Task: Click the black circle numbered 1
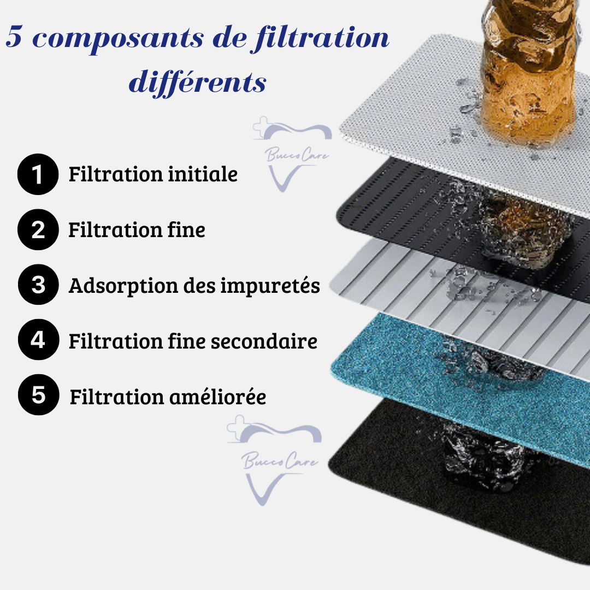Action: coord(38,174)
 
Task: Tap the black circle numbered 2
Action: coord(38,229)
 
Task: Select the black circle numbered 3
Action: coord(38,285)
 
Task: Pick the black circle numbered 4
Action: coord(38,339)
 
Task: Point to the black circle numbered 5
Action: coord(38,395)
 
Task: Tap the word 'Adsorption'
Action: coord(123,286)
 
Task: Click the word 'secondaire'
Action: coord(264,341)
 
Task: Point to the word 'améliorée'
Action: coord(217,397)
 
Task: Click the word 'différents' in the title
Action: coord(198,81)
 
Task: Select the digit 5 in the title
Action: coord(14,37)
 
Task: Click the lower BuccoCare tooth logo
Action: coord(274,460)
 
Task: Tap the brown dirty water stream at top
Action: coord(529,68)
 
